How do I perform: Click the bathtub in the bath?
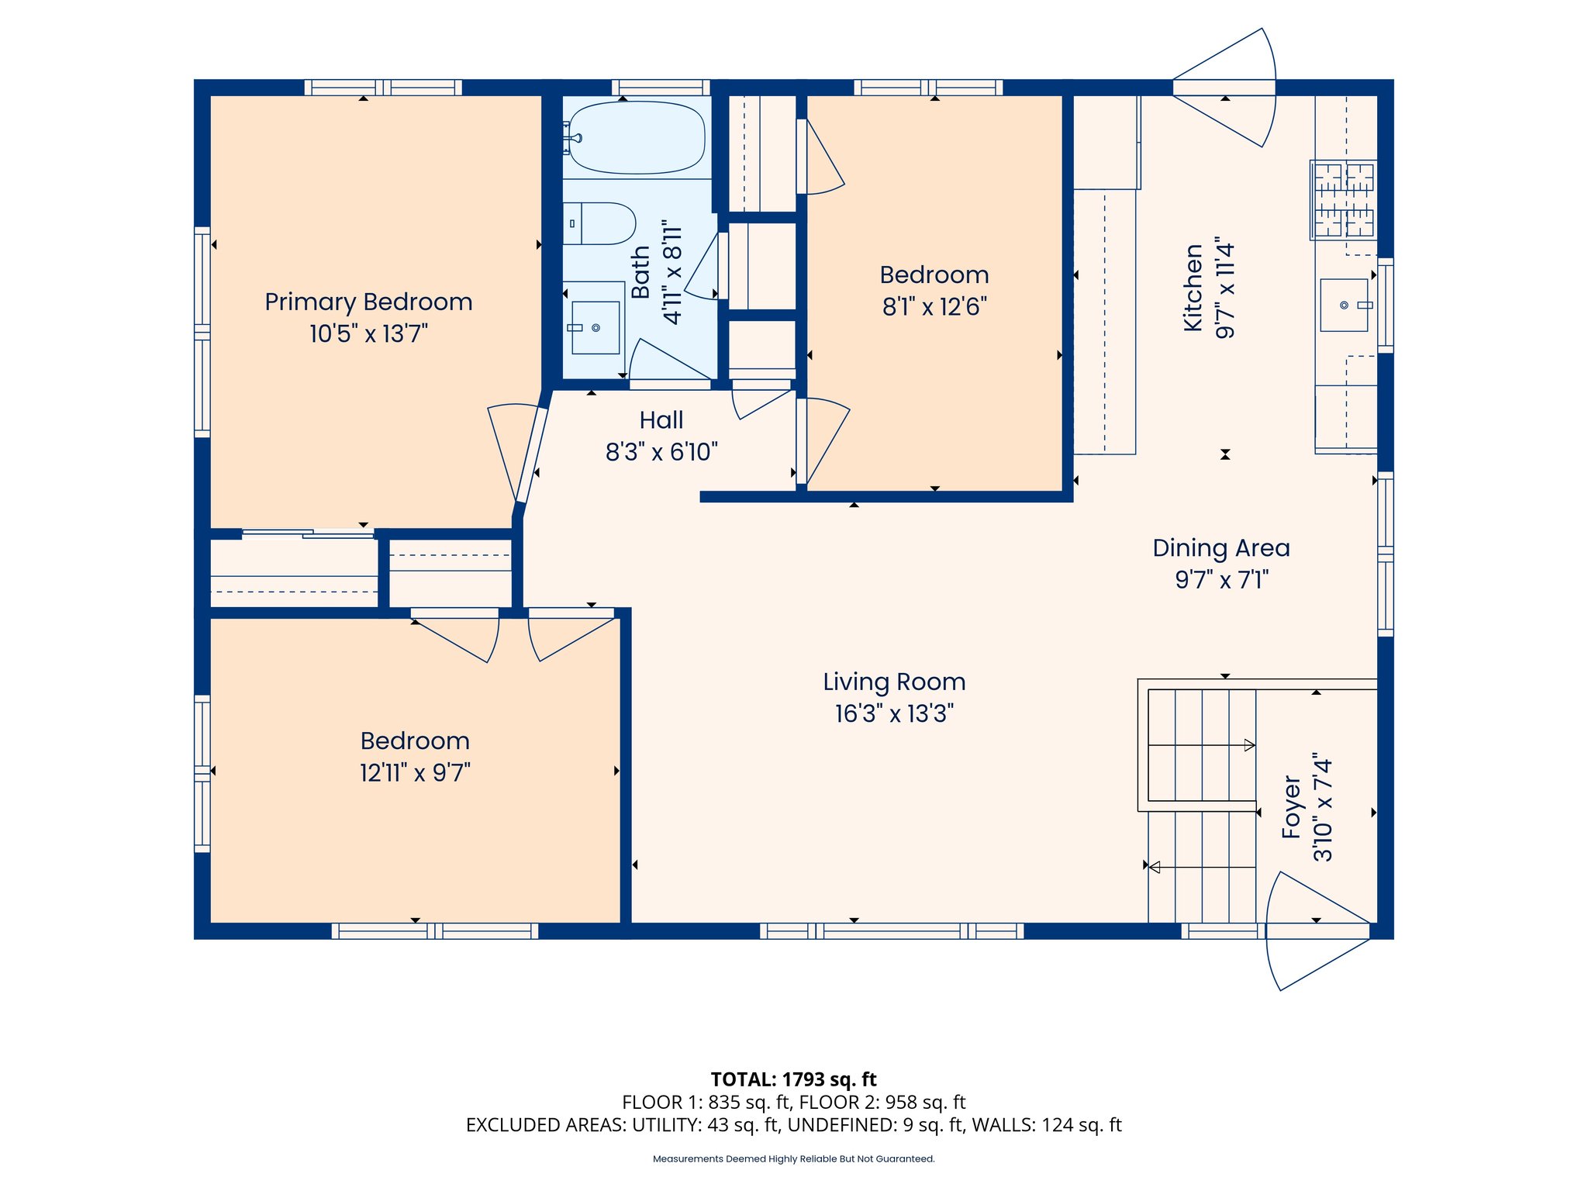(637, 138)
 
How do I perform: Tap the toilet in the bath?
(600, 223)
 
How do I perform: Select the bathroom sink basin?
(595, 328)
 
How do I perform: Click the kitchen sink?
(1345, 306)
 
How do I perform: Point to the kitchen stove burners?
(1344, 200)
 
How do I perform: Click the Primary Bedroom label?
(368, 302)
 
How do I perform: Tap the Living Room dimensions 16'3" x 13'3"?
(894, 714)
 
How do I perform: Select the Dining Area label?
(1221, 548)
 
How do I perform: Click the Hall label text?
(661, 420)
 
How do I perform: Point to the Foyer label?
(1291, 807)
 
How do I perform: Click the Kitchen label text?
(1193, 288)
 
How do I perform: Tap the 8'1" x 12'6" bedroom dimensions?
(934, 307)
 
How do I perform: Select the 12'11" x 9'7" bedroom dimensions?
(415, 773)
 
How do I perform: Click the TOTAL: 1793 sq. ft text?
(793, 1079)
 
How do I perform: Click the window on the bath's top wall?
(661, 87)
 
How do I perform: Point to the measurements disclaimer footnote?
(793, 1159)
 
